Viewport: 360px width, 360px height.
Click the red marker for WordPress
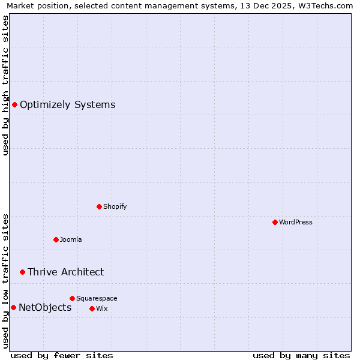click(275, 222)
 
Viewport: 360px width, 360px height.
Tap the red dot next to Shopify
click(99, 206)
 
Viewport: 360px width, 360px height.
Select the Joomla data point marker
click(56, 239)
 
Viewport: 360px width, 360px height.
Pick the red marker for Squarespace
click(72, 298)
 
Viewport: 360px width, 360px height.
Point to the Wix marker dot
click(92, 308)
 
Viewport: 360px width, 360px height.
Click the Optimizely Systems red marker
click(14, 105)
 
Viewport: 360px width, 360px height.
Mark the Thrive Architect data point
click(22, 272)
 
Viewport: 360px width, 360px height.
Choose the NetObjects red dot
click(13, 308)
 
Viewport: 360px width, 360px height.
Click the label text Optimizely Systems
click(67, 105)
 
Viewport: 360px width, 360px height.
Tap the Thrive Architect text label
click(65, 272)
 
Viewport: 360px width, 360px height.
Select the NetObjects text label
click(45, 308)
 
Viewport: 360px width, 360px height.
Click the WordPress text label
click(296, 222)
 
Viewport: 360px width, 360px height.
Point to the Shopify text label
click(115, 206)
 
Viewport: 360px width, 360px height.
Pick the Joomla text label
click(71, 239)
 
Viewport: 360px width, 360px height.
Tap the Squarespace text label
click(97, 298)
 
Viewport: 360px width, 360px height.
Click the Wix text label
click(101, 308)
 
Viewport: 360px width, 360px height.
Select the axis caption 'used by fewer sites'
click(62, 355)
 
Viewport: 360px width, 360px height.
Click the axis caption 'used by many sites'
click(301, 355)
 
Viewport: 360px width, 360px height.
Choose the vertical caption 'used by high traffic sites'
click(5, 85)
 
